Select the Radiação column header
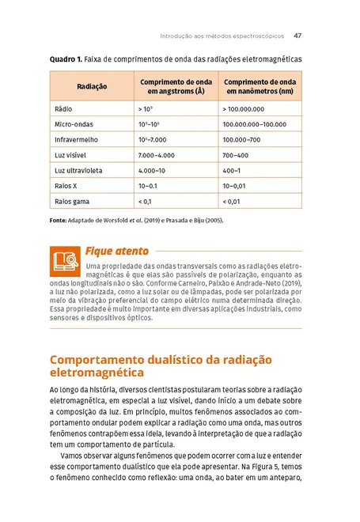click(92, 86)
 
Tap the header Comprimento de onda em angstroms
click(176, 86)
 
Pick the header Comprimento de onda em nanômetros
click(260, 86)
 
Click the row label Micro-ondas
click(73, 124)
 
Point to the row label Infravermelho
click(74, 139)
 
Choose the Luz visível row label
click(70, 155)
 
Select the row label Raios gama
click(71, 202)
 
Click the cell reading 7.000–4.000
click(156, 155)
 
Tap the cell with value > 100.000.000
click(244, 108)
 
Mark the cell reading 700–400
click(235, 155)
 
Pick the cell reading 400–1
click(232, 171)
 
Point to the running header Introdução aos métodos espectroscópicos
click(222, 36)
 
